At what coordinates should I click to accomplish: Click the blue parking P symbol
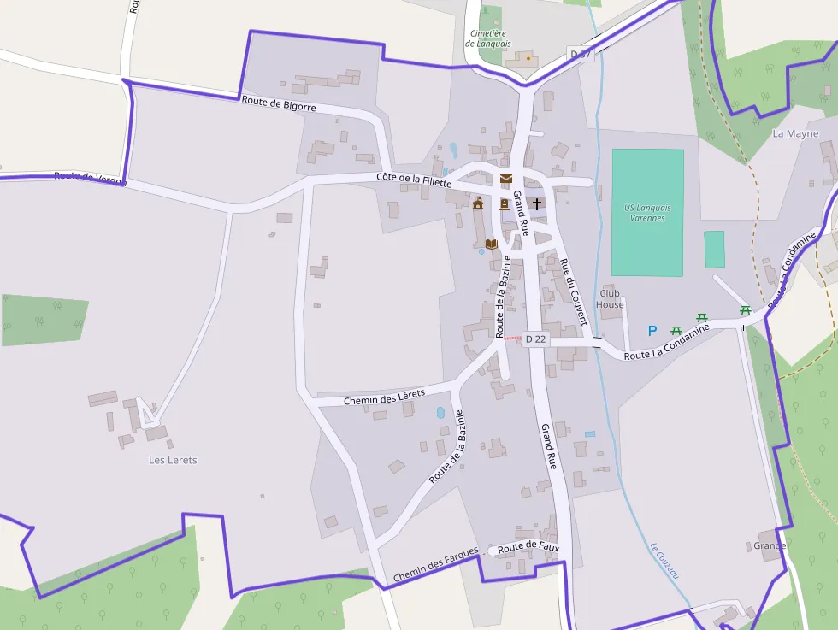652,331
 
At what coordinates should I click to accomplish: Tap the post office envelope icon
506,180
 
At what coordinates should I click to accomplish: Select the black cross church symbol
537,203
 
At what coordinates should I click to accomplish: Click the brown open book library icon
491,244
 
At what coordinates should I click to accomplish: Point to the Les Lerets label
173,460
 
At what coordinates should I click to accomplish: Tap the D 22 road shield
535,339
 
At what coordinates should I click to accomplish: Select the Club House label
611,298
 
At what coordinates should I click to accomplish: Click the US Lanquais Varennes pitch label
647,213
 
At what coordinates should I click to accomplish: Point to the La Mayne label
795,133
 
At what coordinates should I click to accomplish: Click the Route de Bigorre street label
279,103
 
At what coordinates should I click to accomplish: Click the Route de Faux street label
528,546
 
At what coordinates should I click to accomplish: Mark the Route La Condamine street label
667,341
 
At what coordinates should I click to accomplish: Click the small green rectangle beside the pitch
714,249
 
